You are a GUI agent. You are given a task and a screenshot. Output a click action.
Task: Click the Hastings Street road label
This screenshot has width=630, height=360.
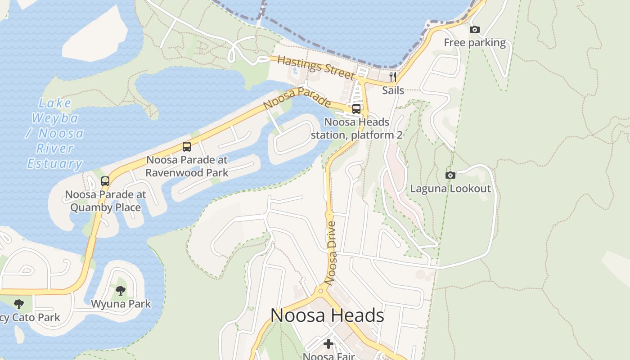(x=315, y=67)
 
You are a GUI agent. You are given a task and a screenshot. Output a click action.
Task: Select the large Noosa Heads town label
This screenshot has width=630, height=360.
(x=327, y=315)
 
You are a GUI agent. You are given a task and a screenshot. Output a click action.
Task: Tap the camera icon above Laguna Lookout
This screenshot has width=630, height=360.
(x=450, y=175)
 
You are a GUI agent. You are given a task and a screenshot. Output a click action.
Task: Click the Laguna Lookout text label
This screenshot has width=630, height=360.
(x=450, y=189)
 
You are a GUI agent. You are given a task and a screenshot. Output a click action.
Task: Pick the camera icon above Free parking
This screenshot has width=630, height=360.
(x=474, y=30)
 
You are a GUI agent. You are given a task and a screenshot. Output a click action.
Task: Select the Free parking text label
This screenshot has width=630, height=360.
(x=475, y=43)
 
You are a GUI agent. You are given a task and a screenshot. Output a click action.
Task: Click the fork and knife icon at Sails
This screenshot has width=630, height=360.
(x=393, y=76)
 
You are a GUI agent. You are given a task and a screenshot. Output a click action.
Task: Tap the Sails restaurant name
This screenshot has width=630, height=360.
(x=393, y=90)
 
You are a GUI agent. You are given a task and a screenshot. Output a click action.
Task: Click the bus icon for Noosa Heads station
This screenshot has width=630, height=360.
(x=356, y=108)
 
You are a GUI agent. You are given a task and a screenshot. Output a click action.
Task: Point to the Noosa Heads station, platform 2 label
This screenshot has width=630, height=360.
(x=356, y=128)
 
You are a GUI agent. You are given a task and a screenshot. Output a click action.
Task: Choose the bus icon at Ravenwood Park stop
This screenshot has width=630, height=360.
(x=187, y=146)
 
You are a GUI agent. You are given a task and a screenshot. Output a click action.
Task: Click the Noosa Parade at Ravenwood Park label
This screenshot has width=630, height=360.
(x=187, y=166)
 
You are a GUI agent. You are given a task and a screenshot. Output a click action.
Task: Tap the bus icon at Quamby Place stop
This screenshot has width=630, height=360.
(x=105, y=181)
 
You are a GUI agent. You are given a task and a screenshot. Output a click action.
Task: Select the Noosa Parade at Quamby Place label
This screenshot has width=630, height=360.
(x=106, y=201)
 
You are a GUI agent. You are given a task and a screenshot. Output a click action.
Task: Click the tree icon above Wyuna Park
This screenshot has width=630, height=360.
(x=121, y=291)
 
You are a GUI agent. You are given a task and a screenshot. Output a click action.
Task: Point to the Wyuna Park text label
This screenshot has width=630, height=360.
(x=121, y=304)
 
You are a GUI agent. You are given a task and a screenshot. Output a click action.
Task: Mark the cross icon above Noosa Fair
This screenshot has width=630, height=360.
(x=328, y=344)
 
